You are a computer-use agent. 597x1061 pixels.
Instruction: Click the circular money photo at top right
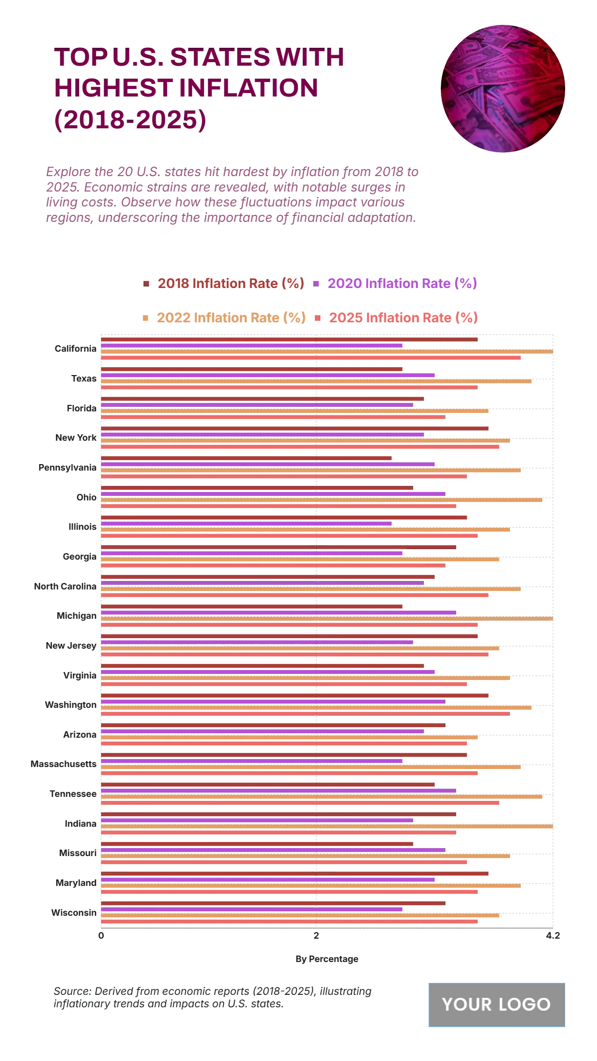pyautogui.click(x=502, y=89)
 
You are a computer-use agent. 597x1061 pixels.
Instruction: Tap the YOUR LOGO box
pyautogui.click(x=497, y=1004)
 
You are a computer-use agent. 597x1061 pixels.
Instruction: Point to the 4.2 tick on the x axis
pyautogui.click(x=553, y=936)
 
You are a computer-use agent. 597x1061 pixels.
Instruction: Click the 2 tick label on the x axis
pyautogui.click(x=316, y=936)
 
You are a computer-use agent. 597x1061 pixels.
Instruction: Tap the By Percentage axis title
pyautogui.click(x=327, y=959)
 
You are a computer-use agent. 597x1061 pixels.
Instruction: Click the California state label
pyautogui.click(x=76, y=349)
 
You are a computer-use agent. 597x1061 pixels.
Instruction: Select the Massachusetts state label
pyautogui.click(x=63, y=764)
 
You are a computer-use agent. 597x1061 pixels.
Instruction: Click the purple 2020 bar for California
pyautogui.click(x=251, y=345)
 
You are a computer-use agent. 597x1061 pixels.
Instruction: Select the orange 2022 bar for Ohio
pyautogui.click(x=321, y=500)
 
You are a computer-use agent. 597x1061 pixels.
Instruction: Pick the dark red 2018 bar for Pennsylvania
pyautogui.click(x=246, y=458)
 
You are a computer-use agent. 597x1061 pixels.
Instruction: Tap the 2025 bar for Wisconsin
pyautogui.click(x=289, y=921)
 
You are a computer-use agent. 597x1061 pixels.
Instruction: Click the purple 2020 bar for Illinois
pyautogui.click(x=246, y=523)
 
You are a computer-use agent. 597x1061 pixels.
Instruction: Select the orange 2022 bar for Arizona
pyautogui.click(x=289, y=737)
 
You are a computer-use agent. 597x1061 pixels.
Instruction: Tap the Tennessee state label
pyautogui.click(x=73, y=794)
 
